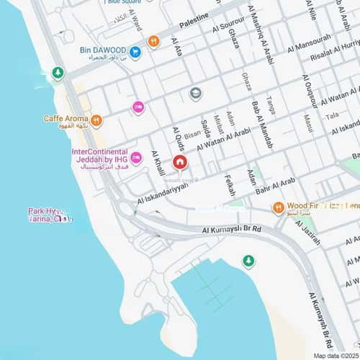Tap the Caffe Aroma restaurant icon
point(96,120)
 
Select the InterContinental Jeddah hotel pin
point(135,158)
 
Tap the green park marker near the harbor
point(248,260)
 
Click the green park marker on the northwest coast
point(57,73)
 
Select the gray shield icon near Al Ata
point(195,93)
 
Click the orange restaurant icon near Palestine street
point(153,42)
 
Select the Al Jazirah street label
point(310,230)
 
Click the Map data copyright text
point(334,355)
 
